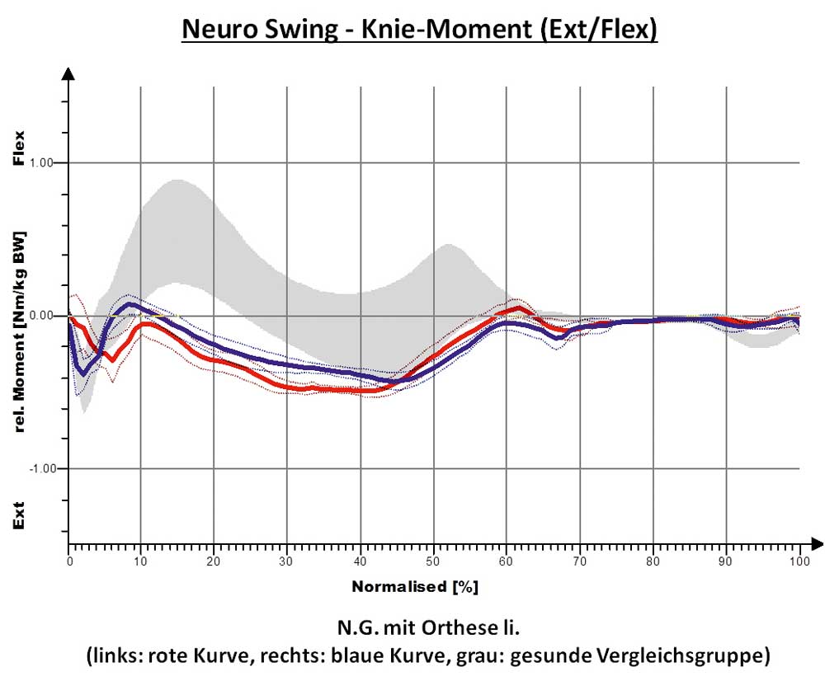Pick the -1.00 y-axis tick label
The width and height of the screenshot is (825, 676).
pos(42,468)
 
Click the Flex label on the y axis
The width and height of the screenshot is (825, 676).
pos(20,148)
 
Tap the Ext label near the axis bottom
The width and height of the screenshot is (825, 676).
pos(20,515)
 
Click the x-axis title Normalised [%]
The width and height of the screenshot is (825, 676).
pos(415,588)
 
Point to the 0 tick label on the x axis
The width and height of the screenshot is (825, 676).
pos(70,561)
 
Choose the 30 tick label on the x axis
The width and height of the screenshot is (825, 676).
pos(286,561)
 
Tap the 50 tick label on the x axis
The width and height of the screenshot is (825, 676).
pos(433,561)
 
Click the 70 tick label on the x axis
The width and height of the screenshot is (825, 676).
pos(580,561)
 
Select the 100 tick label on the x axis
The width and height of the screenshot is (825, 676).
pos(799,561)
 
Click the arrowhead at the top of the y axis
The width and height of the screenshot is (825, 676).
pos(69,74)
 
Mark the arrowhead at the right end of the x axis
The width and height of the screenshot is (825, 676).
pos(817,543)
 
